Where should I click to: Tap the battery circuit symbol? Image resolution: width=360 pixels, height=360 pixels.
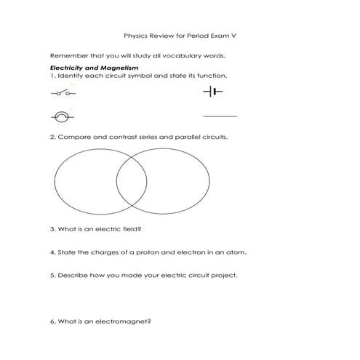tap(212, 92)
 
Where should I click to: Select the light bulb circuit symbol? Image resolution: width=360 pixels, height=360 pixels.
tap(63, 116)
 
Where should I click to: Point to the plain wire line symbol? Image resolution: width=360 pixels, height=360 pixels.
tap(220, 116)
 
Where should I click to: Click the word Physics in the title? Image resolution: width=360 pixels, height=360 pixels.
tap(135, 33)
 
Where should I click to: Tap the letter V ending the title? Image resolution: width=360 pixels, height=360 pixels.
tap(235, 33)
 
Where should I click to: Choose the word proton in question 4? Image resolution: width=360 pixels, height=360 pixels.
tap(143, 252)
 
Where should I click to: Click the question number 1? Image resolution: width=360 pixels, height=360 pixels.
tap(52, 76)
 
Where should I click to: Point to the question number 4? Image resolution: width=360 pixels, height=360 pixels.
tap(52, 252)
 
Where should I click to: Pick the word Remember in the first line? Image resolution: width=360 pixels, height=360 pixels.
tap(66, 55)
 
